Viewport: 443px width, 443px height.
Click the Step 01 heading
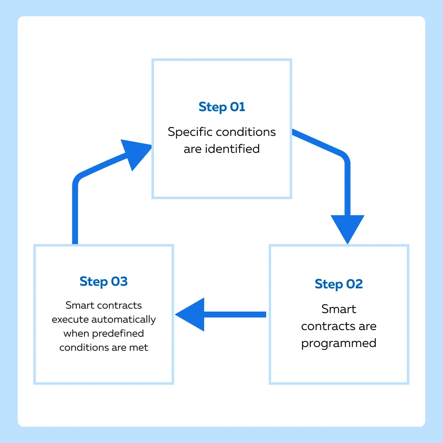pyautogui.click(x=221, y=107)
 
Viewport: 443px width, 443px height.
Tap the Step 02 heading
pyautogui.click(x=339, y=284)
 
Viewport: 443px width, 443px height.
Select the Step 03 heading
pyautogui.click(x=103, y=281)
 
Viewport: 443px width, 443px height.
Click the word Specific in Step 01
pyautogui.click(x=190, y=132)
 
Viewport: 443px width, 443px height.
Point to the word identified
pyautogui.click(x=233, y=149)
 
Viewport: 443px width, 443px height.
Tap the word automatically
pyautogui.click(x=124, y=320)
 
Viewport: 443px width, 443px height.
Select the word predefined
pyautogui.click(x=118, y=334)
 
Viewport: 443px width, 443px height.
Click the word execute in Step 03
pyautogui.click(x=71, y=320)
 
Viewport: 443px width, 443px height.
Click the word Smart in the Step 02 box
pyautogui.click(x=339, y=309)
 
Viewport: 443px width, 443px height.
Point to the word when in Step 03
pyautogui.click(x=76, y=334)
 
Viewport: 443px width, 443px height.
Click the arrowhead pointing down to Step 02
pyautogui.click(x=347, y=229)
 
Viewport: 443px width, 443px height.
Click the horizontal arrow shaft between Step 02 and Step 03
pyautogui.click(x=235, y=315)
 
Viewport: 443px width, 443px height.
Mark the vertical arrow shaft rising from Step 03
pyautogui.click(x=75, y=214)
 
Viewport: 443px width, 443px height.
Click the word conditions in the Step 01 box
pyautogui.click(x=246, y=132)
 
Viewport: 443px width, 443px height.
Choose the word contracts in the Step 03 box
pyautogui.click(x=120, y=306)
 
